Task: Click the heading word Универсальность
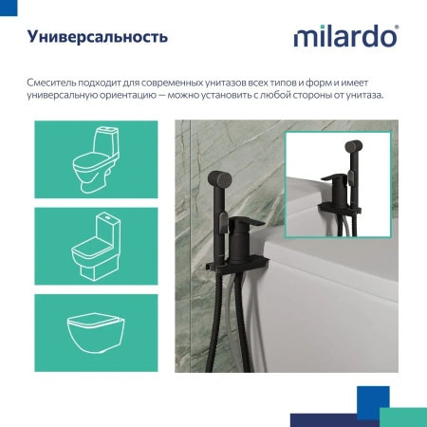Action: coord(98,38)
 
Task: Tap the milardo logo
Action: coord(346,39)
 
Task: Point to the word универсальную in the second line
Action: coord(67,98)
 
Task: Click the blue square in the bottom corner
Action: coord(373,399)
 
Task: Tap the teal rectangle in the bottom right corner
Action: coord(404,416)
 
